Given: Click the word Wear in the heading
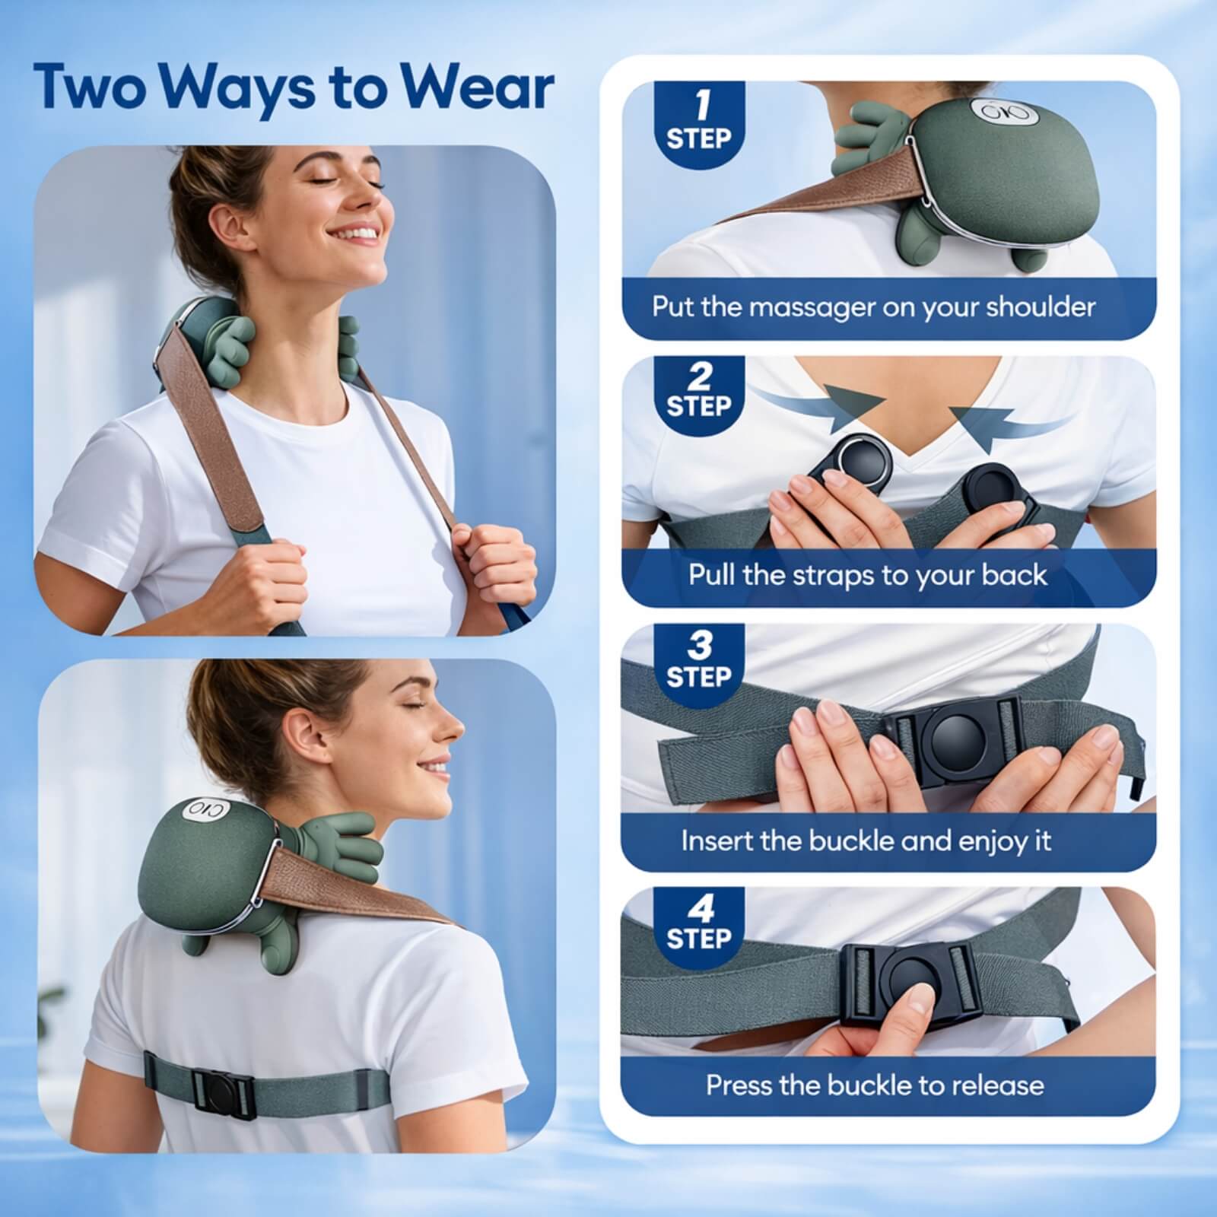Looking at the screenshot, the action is point(478,87).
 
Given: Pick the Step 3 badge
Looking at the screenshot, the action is point(698,659).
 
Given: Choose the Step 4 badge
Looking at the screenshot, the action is point(698,922).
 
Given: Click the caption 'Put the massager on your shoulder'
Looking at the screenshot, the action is point(873,307).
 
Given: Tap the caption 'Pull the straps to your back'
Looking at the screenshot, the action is point(868,574).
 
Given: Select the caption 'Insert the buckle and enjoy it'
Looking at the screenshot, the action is point(866,841).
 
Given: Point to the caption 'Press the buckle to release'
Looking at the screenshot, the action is point(875,1084).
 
